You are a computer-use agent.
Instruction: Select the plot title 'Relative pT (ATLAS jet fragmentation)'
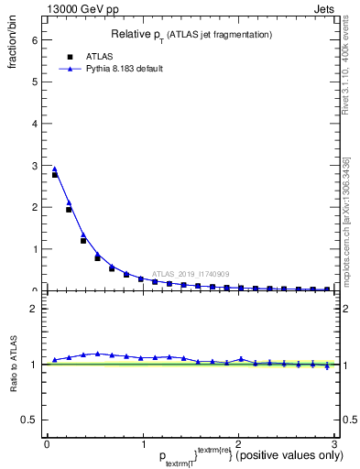point(192,35)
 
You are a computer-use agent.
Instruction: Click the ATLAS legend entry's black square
point(70,56)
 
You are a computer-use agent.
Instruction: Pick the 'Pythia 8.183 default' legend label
point(125,69)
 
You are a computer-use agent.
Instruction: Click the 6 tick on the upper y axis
point(34,40)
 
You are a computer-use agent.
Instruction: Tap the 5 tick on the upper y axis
point(34,82)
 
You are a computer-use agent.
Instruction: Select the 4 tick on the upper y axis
point(34,124)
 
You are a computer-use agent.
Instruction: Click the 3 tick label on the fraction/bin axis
point(34,165)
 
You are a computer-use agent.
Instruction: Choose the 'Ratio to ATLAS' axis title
point(13,366)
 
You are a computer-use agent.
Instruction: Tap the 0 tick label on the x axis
point(47,444)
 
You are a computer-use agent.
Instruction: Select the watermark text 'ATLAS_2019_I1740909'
point(192,274)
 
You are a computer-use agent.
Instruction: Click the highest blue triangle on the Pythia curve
point(54,169)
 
